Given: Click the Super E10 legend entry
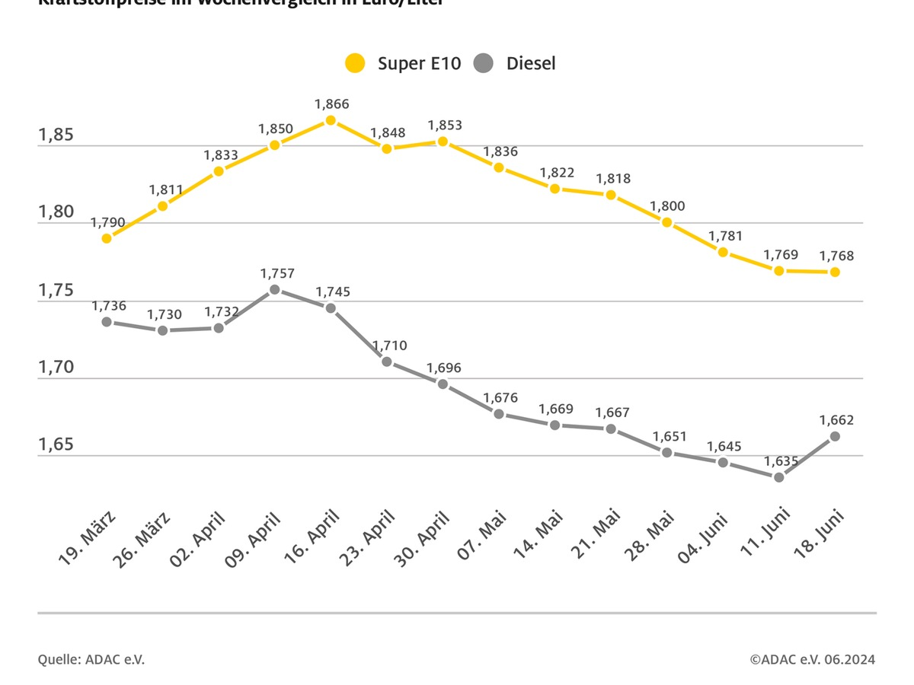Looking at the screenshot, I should (403, 63).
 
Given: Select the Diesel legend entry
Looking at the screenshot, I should (515, 63).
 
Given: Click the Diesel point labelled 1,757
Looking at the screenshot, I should (275, 289).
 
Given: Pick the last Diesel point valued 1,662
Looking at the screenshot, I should (835, 436).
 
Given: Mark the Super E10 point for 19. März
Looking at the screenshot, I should (107, 238).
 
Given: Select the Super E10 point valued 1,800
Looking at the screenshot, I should (666, 222).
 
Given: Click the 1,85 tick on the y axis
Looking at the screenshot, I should (56, 135).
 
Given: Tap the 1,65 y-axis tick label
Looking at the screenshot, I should (56, 444).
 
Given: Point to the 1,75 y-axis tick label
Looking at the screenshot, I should (56, 291).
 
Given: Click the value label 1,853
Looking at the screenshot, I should (445, 125).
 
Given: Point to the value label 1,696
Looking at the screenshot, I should (443, 368).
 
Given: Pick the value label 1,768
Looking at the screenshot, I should (836, 256).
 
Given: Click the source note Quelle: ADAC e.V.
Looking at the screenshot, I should (91, 659).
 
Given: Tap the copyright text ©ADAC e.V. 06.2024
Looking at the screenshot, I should (812, 659).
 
